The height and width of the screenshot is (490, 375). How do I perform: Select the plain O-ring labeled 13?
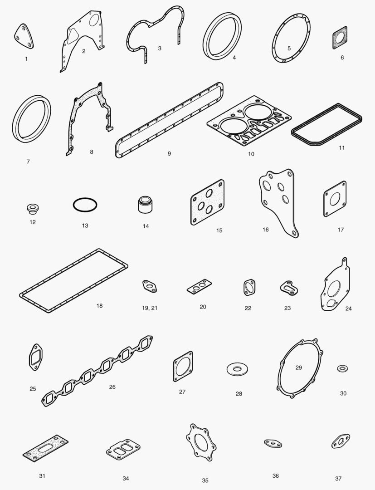click(85, 198)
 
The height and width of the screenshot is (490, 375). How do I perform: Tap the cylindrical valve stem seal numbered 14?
click(145, 205)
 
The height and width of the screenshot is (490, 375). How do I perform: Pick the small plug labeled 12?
click(33, 209)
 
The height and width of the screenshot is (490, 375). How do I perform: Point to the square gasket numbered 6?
click(340, 38)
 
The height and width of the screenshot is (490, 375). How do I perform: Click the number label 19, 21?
click(150, 308)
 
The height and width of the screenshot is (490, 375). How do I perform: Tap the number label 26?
click(112, 387)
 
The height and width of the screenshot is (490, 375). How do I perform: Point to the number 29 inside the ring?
click(299, 367)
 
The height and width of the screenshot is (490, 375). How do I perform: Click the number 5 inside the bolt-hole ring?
click(289, 49)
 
